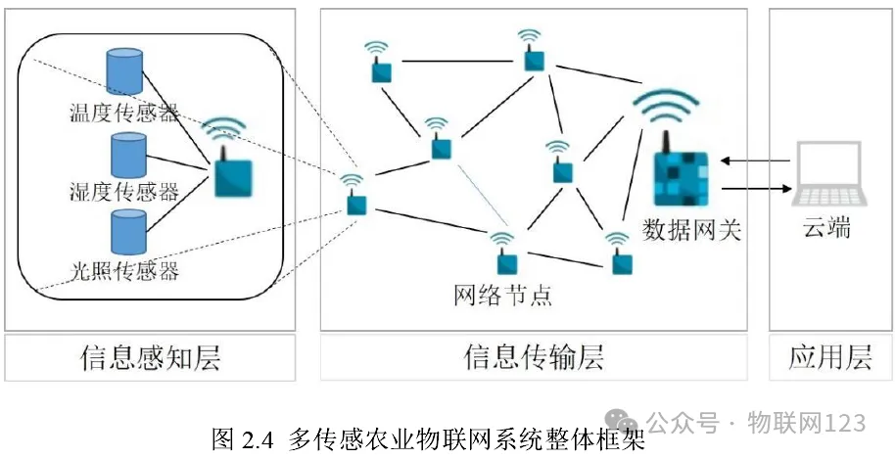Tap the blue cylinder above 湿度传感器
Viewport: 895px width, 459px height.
(x=127, y=155)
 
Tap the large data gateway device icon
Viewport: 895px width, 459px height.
(x=678, y=177)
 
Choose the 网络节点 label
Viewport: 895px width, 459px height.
(x=503, y=293)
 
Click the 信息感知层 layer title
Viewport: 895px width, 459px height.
(x=150, y=358)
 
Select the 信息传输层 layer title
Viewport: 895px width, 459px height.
(x=533, y=358)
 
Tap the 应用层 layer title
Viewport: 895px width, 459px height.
(x=829, y=358)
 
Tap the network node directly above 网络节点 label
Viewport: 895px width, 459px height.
(x=505, y=261)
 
